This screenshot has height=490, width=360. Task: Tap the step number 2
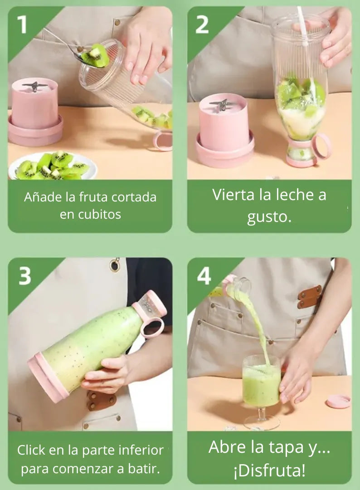(x=202, y=24)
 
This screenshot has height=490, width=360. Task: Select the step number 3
(x=24, y=276)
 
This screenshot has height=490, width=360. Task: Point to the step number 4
(x=204, y=276)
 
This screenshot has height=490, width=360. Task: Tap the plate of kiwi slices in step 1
(x=53, y=165)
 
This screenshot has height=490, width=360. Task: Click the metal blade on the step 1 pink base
(x=34, y=86)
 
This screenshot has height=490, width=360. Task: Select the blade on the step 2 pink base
(x=222, y=104)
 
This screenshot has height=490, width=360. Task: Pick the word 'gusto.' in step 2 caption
(x=269, y=217)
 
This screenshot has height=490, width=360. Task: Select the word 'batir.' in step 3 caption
(x=144, y=468)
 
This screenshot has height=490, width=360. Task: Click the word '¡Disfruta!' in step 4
(x=269, y=470)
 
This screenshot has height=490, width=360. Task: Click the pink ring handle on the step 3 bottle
(x=152, y=328)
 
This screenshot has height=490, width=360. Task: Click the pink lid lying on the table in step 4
(x=338, y=401)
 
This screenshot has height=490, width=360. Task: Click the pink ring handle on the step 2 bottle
(x=321, y=146)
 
